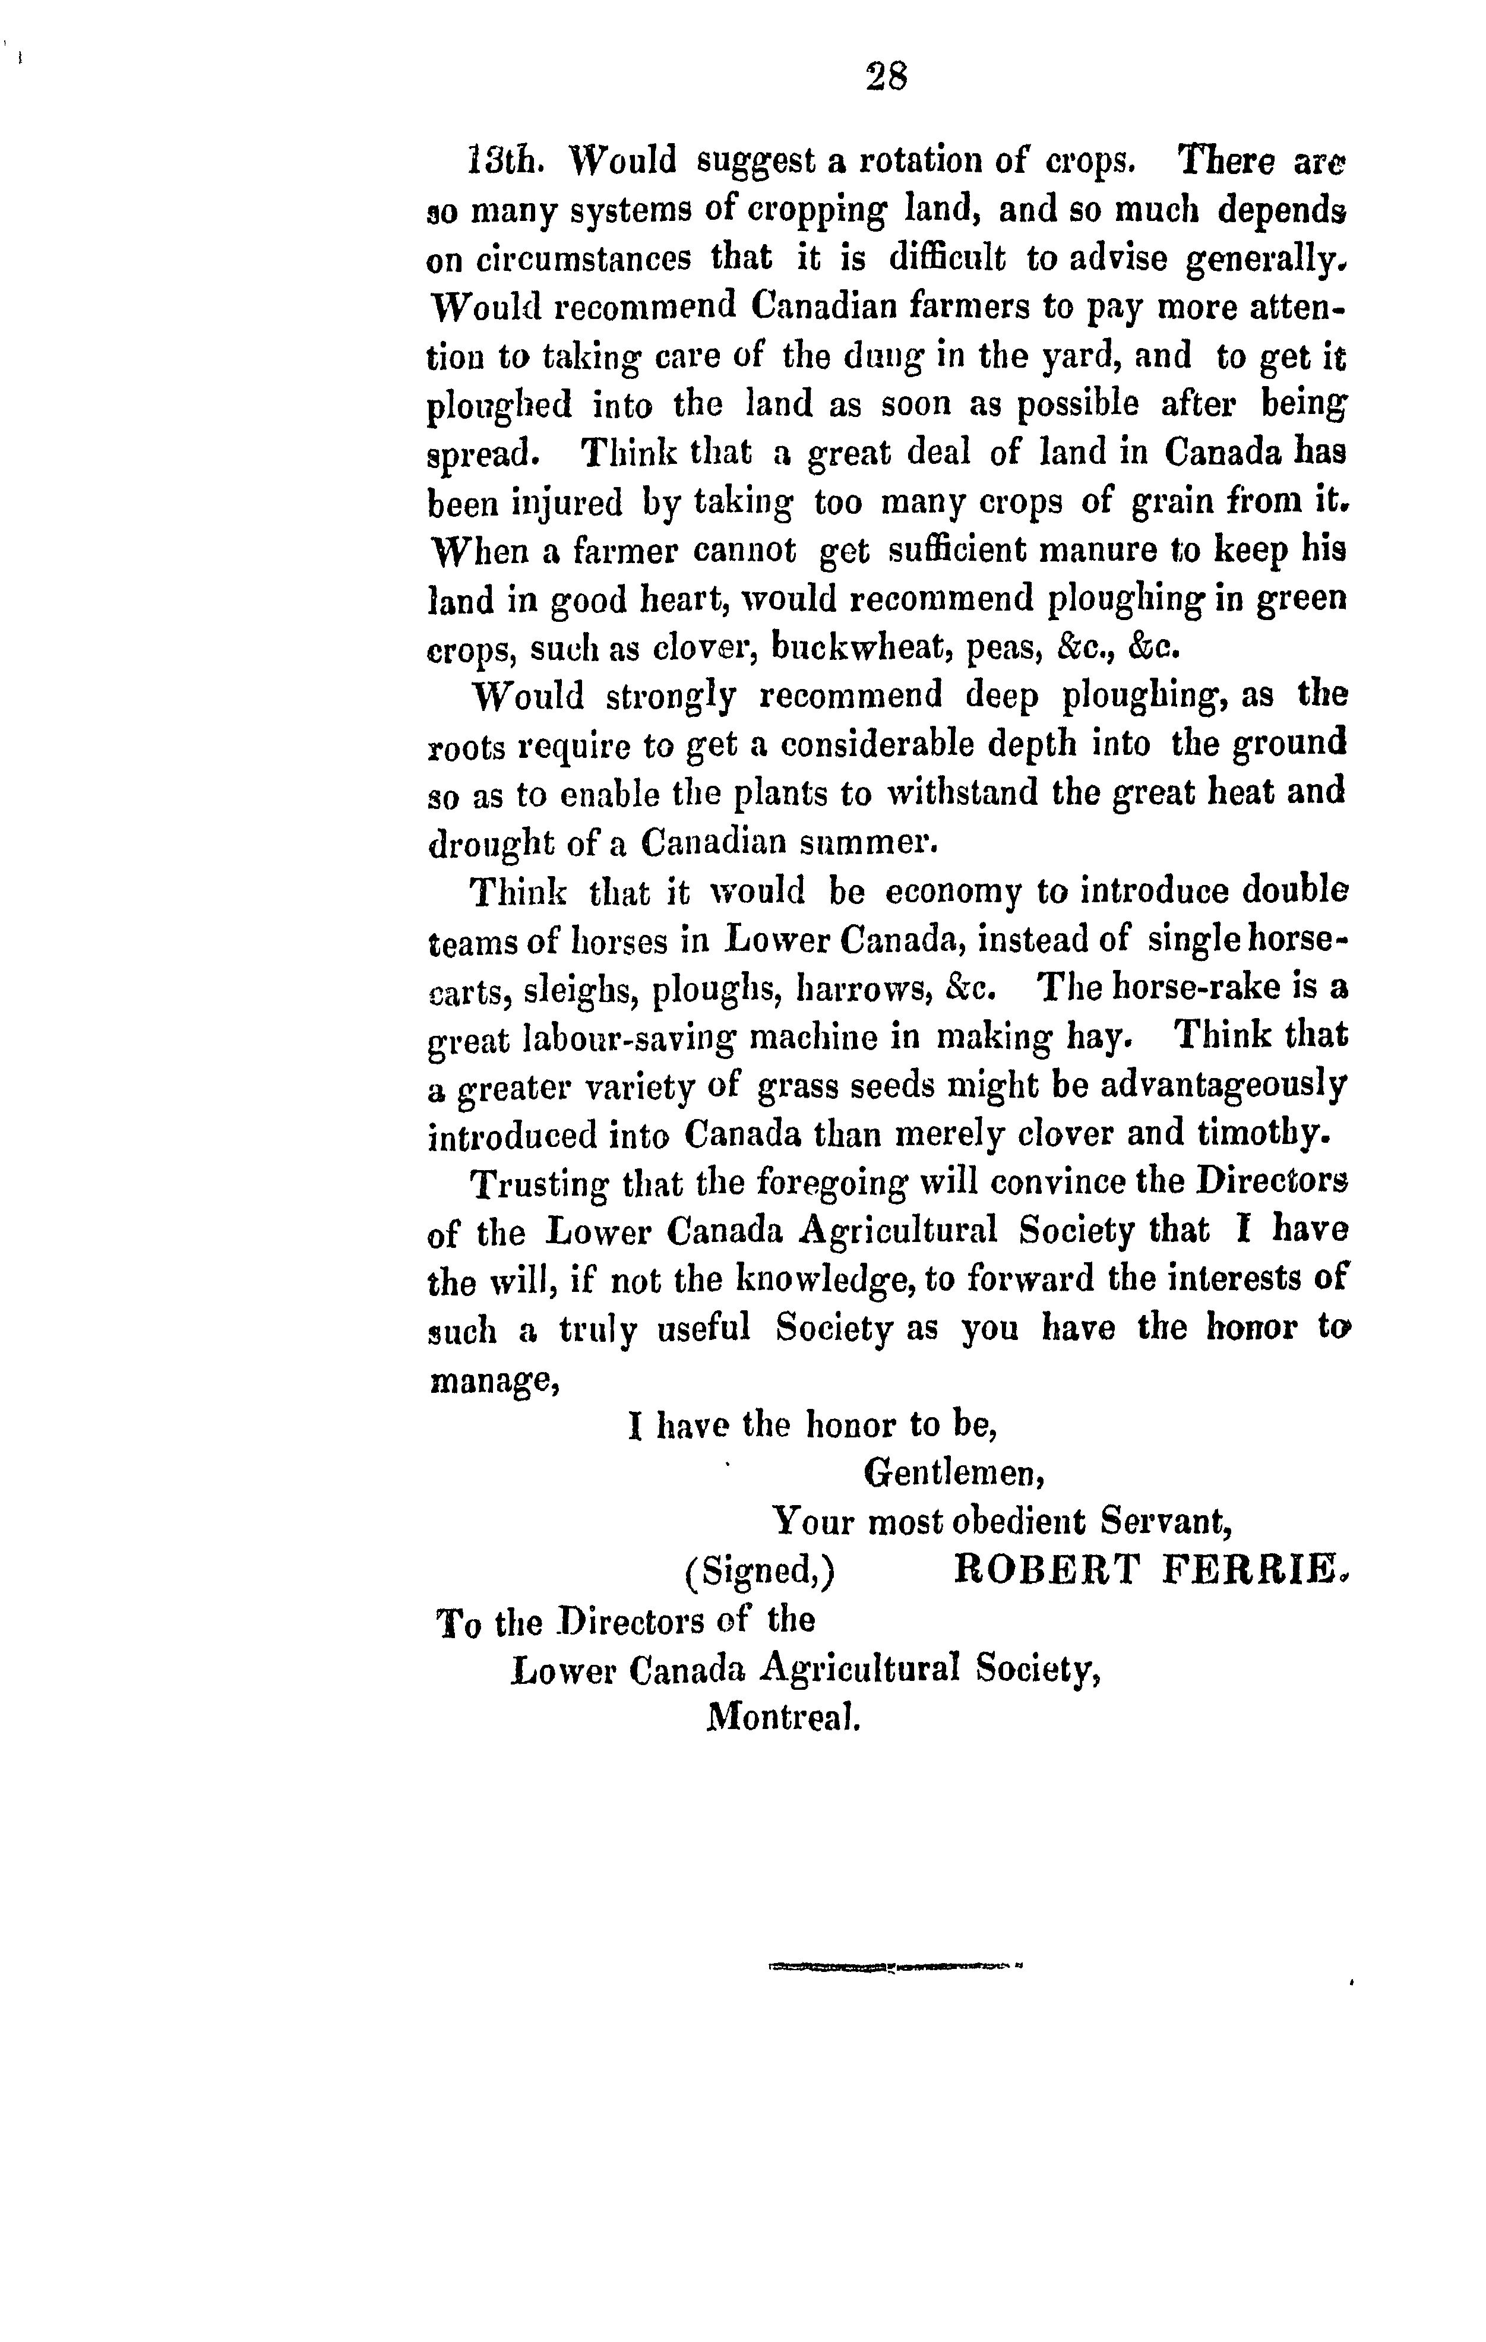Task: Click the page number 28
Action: pos(886,77)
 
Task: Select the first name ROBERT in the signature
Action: pos(1045,1570)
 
